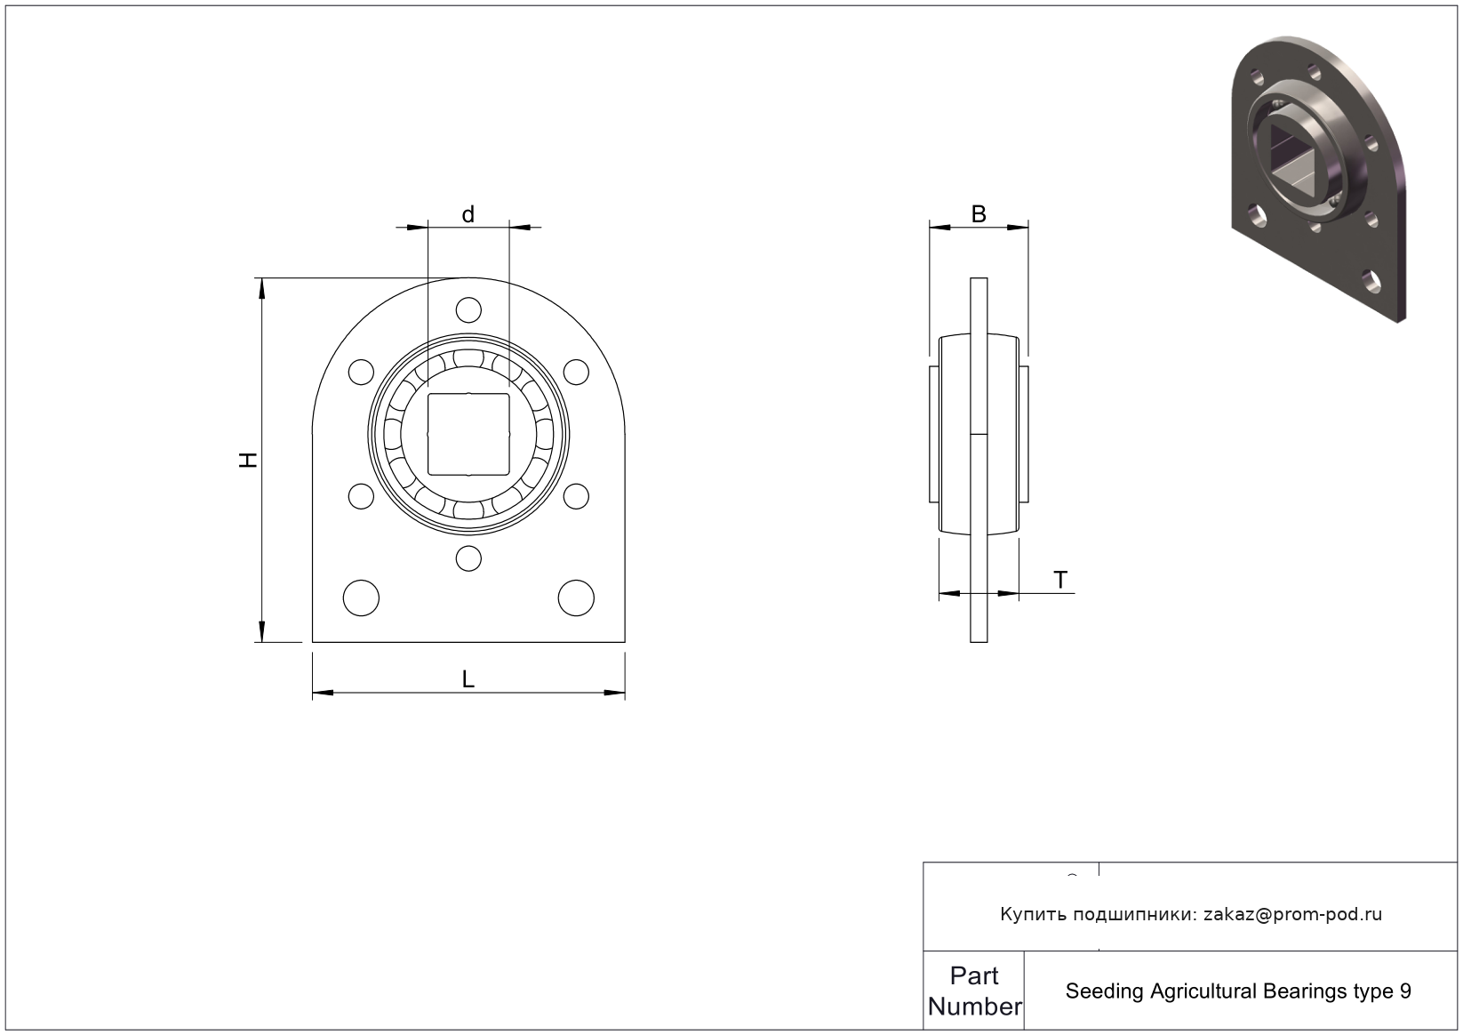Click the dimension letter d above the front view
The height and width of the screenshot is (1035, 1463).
click(468, 214)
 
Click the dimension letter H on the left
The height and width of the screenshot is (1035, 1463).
click(247, 460)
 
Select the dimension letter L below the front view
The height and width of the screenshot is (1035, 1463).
click(468, 679)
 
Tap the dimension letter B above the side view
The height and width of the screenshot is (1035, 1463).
click(979, 213)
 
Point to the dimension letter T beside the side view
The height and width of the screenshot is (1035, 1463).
click(1060, 580)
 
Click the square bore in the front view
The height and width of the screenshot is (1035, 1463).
click(468, 434)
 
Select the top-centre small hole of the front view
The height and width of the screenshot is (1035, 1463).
click(468, 309)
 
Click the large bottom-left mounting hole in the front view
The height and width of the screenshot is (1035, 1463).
click(361, 598)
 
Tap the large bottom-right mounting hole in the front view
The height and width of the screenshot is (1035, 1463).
click(576, 598)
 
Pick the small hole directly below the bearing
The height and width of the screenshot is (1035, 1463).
click(468, 558)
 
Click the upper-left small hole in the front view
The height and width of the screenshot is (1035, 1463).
click(361, 372)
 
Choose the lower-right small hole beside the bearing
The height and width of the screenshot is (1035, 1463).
click(576, 496)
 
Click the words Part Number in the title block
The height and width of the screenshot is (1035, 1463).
click(974, 991)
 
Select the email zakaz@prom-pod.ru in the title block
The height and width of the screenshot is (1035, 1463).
click(1292, 914)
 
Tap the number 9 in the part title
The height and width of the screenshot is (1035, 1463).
click(1405, 991)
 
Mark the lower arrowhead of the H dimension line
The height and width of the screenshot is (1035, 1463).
click(262, 631)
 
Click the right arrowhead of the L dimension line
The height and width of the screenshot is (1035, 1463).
click(614, 693)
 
